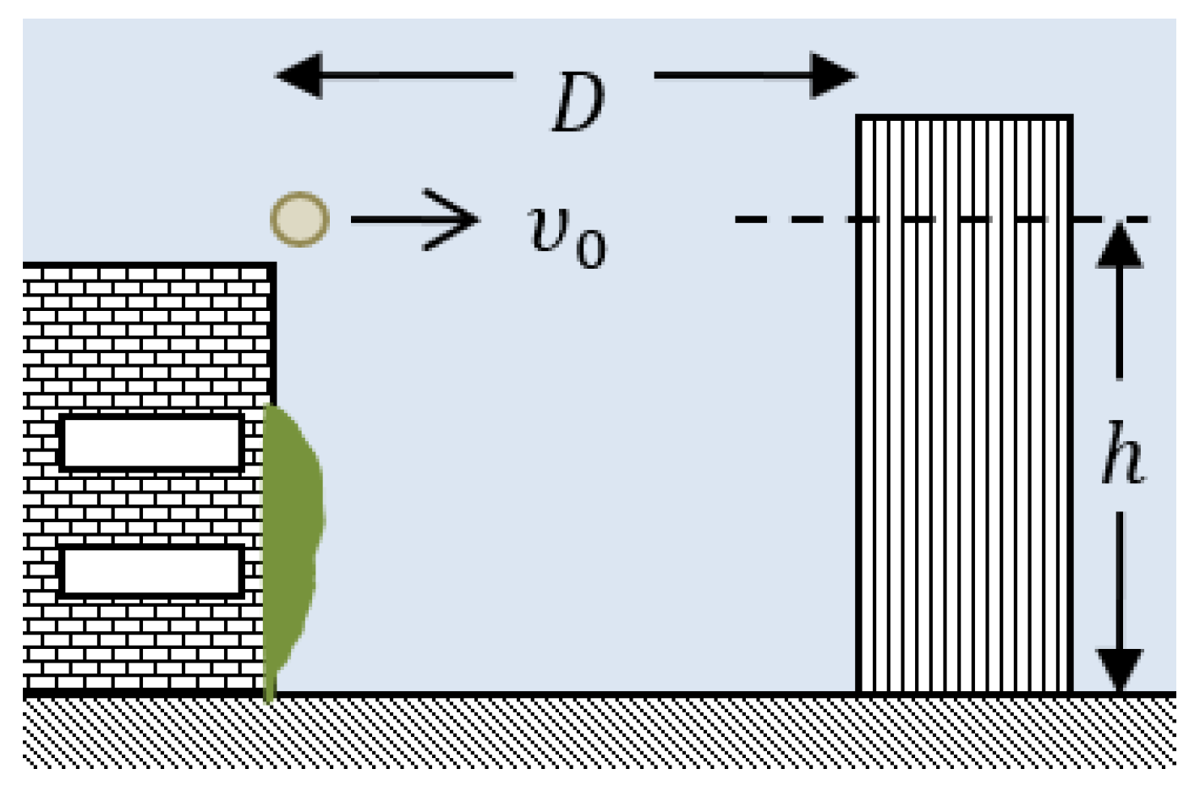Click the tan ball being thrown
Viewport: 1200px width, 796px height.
(299, 219)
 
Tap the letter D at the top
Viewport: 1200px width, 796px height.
(578, 103)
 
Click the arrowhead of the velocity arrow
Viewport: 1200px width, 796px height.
(457, 220)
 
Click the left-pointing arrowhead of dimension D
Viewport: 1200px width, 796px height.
(299, 75)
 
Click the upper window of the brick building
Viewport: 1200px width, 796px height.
(151, 442)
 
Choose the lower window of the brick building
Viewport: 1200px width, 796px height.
(151, 572)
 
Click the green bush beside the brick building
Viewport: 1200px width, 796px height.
(292, 541)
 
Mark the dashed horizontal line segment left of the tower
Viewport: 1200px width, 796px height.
(795, 220)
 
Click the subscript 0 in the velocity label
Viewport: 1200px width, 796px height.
(591, 248)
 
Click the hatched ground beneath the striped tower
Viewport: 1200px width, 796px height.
(964, 732)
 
